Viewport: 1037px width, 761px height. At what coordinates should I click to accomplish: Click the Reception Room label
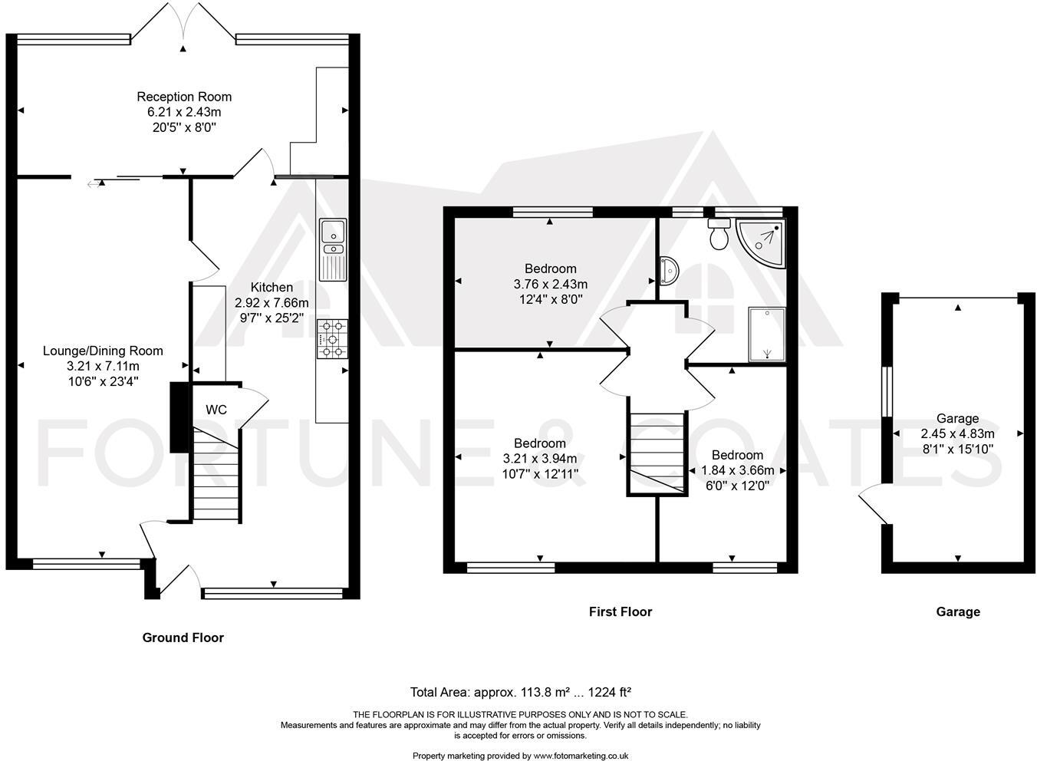(x=184, y=97)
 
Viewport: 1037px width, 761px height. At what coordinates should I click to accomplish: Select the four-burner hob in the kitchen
(x=331, y=339)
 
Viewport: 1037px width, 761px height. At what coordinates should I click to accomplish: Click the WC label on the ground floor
(x=216, y=410)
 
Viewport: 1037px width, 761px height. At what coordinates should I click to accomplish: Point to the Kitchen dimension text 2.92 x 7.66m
(x=272, y=303)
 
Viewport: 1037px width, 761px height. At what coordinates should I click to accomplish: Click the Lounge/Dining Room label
(x=103, y=351)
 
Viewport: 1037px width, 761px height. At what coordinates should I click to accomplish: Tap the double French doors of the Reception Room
(x=183, y=23)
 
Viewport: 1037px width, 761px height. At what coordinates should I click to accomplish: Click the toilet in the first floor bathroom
(x=719, y=235)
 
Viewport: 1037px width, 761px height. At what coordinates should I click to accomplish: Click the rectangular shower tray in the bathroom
(x=767, y=334)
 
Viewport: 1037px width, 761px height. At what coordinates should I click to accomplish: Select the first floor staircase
(x=656, y=453)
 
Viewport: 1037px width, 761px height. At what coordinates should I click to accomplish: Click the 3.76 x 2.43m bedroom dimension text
(x=551, y=284)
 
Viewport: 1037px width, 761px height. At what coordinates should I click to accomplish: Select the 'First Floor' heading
(x=620, y=611)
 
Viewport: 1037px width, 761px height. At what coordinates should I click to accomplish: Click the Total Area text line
(x=520, y=691)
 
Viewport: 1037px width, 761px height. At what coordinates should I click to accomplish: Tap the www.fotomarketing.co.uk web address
(x=581, y=756)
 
